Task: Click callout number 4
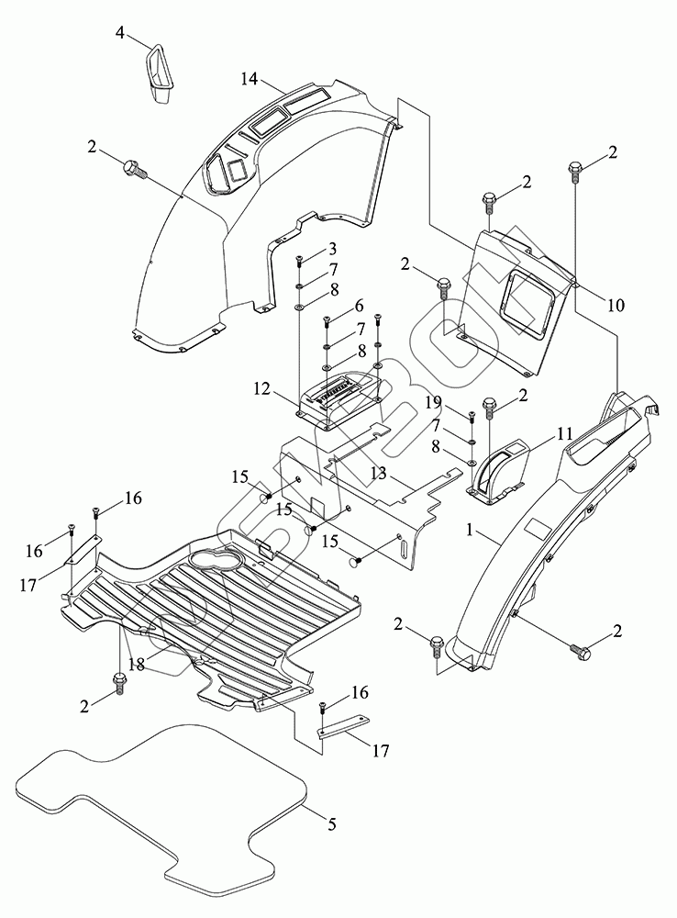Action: click(x=120, y=33)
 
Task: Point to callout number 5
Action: click(x=331, y=824)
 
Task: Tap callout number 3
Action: click(x=332, y=249)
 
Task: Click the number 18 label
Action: click(x=136, y=665)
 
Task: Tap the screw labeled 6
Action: click(x=327, y=323)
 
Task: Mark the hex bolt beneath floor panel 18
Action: click(x=119, y=681)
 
